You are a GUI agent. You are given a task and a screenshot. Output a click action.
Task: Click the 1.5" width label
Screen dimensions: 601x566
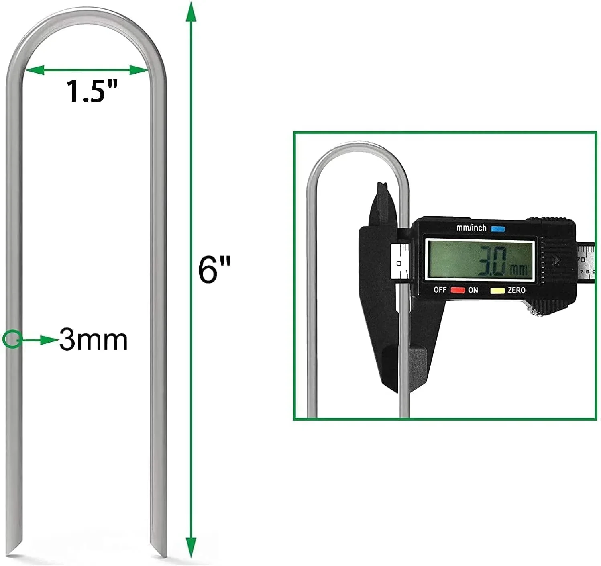92,92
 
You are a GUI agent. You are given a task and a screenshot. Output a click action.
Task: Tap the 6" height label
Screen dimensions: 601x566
214,269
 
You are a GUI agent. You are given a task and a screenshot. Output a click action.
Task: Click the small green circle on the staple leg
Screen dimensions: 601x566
12,339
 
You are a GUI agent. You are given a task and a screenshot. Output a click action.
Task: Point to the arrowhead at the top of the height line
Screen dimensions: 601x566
191,12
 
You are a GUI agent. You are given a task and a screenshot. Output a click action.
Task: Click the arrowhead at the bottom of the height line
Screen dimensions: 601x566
191,547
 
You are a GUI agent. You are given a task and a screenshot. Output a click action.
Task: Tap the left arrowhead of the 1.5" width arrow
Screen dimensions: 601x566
35,70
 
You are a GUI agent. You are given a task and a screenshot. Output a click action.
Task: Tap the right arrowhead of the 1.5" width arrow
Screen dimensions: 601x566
139,70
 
